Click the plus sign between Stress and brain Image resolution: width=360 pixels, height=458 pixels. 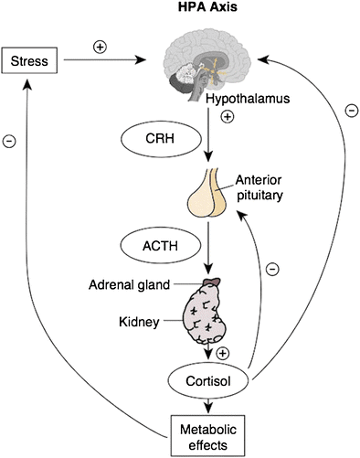98,43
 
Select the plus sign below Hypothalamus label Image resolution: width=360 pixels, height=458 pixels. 226,117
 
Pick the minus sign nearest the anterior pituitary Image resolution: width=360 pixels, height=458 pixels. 271,270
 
